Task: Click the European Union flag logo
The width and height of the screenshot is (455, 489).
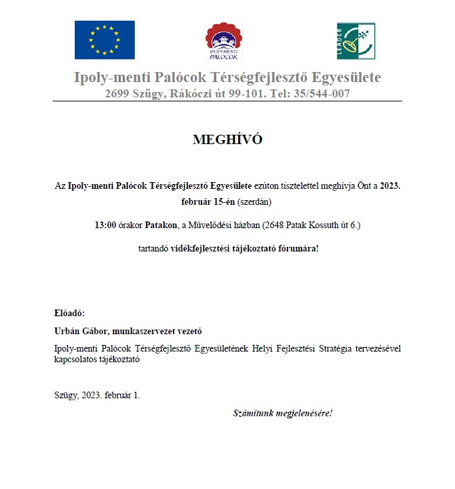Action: (104, 39)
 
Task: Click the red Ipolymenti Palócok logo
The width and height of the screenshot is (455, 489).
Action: (223, 41)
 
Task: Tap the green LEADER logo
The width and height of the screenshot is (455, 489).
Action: (356, 40)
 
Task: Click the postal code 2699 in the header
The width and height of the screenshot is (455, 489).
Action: (117, 94)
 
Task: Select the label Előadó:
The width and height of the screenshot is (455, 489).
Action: (69, 313)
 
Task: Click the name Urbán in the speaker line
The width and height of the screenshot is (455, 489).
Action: (68, 331)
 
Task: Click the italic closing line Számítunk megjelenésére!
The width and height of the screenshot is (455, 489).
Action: (282, 413)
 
